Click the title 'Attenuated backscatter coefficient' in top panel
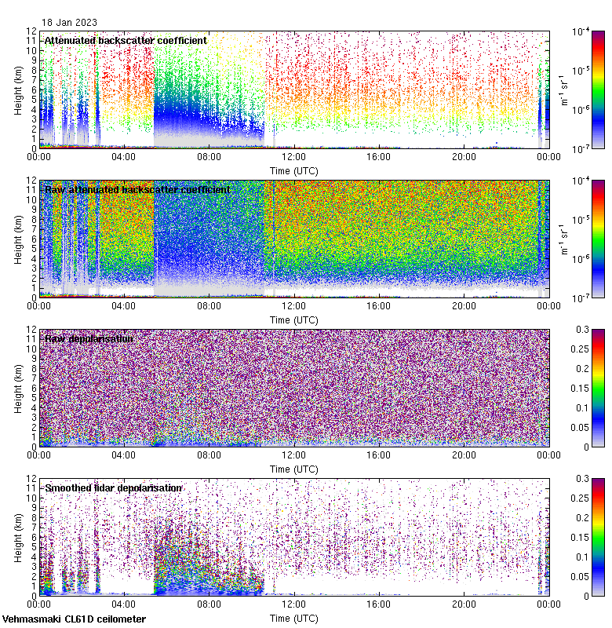[126, 41]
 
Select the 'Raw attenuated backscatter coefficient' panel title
[137, 190]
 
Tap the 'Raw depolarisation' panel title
[89, 339]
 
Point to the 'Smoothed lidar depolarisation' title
[113, 488]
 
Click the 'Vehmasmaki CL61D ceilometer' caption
[74, 619]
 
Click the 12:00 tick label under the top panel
[293, 157]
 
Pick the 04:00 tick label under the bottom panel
[124, 604]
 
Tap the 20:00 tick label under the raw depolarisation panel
[463, 455]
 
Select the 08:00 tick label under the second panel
[209, 306]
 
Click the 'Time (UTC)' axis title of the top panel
[293, 170]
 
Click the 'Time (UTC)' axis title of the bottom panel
[293, 619]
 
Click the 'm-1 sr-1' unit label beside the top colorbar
[563, 89]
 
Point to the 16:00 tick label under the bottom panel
[378, 604]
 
